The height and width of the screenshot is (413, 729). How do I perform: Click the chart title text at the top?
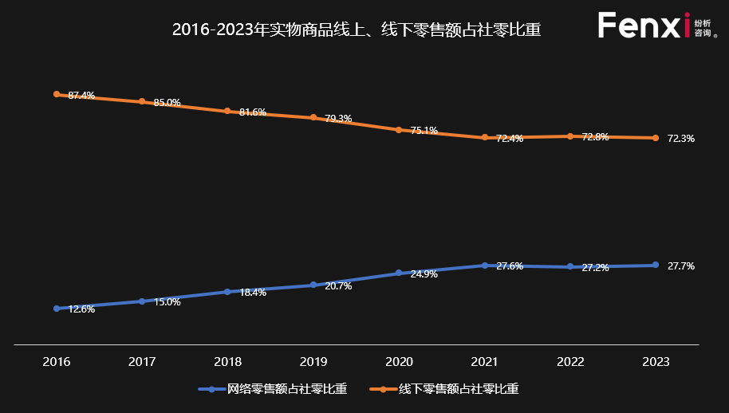(x=357, y=30)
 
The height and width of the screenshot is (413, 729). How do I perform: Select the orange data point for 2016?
(x=57, y=94)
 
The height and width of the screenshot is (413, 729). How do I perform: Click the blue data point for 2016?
(x=57, y=309)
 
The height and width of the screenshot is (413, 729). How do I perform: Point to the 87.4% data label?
(x=81, y=96)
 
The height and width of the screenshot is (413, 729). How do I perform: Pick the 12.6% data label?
(x=81, y=309)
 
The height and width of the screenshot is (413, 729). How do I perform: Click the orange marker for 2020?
(x=399, y=129)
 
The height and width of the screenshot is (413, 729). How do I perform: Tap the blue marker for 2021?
(x=484, y=265)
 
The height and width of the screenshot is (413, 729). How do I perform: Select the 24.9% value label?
(x=424, y=274)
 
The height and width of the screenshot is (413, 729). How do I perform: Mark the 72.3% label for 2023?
(x=680, y=139)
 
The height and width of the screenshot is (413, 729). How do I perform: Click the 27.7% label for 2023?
(x=680, y=266)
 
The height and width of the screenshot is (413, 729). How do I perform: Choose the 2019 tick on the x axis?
(x=313, y=362)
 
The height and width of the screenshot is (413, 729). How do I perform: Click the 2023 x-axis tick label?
(x=656, y=362)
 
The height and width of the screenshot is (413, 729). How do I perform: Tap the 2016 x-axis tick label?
(x=57, y=362)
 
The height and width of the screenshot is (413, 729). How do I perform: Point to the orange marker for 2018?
(x=227, y=112)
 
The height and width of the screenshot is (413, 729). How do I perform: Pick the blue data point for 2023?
(x=656, y=265)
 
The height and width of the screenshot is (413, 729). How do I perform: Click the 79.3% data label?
(x=338, y=119)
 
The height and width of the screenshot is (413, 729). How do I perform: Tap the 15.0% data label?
(x=167, y=302)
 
